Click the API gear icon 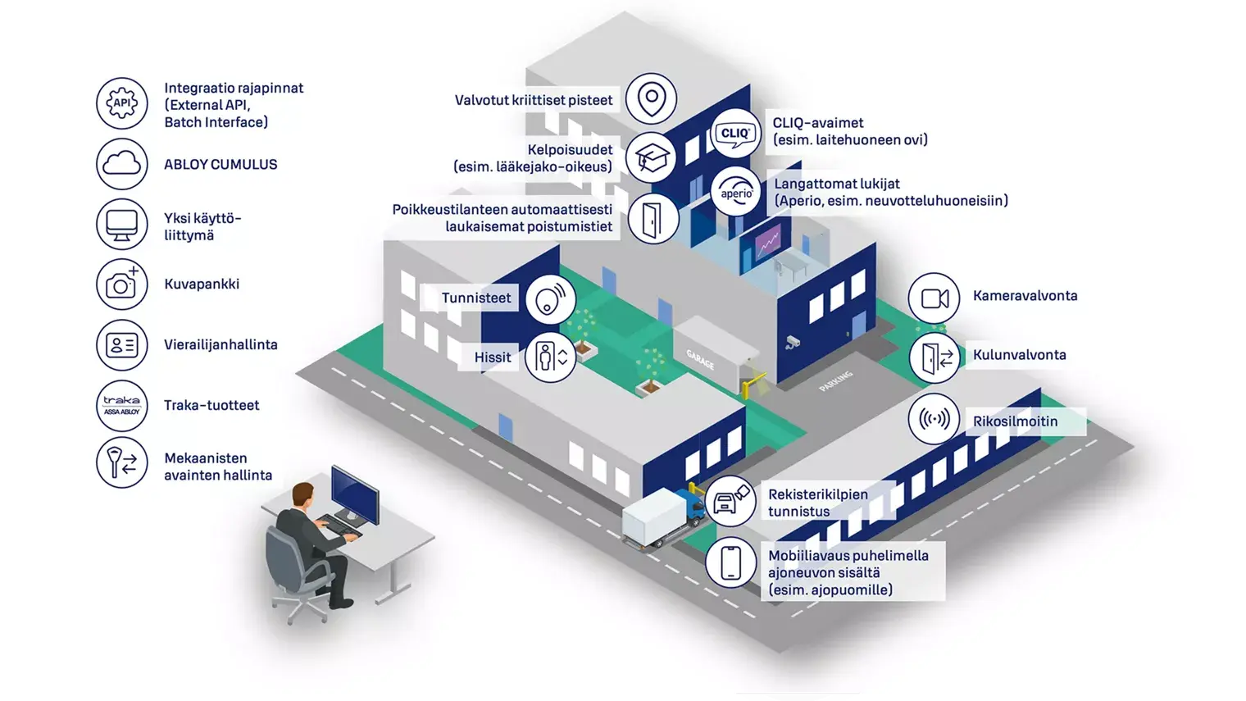tap(122, 103)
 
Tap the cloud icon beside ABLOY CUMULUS tap(122, 164)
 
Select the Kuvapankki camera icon tap(122, 284)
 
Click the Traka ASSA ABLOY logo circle tap(122, 406)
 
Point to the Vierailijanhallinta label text tap(221, 344)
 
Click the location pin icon tap(652, 98)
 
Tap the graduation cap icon tap(652, 158)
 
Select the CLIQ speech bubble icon tap(736, 134)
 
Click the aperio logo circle tap(736, 192)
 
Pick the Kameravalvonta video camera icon tap(935, 298)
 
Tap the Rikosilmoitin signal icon tap(935, 419)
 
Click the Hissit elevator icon tap(551, 357)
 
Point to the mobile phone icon tap(731, 562)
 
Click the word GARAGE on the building tap(700, 360)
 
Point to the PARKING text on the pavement tap(836, 381)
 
